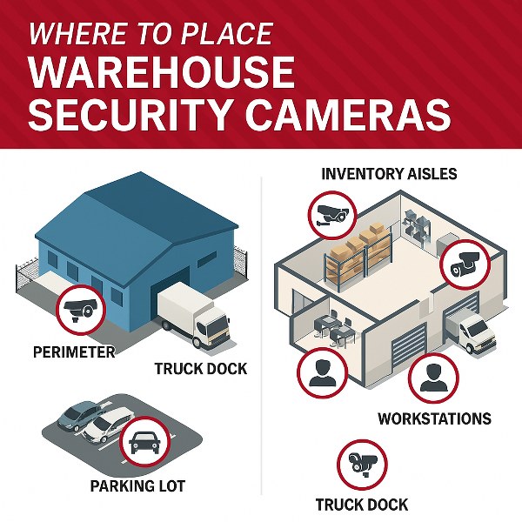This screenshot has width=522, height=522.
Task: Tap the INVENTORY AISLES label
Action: point(389,174)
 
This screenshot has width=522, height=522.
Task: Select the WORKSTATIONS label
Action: point(434,418)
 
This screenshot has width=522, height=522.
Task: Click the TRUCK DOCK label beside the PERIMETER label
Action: point(201,369)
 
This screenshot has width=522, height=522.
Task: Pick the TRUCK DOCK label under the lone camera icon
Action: point(361,505)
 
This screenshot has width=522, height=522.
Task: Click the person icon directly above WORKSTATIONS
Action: point(432,377)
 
